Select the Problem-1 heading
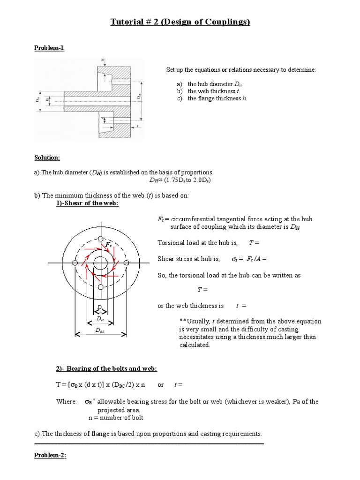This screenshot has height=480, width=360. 49,48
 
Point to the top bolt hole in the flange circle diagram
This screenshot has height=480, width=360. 100,239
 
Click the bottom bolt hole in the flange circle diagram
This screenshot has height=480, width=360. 100,287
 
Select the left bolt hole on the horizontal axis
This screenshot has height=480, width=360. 75,263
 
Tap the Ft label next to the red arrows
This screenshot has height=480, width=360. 109,245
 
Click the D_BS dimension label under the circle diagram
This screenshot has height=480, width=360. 100,330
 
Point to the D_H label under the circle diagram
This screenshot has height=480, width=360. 100,319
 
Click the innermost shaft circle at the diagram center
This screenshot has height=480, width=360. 100,263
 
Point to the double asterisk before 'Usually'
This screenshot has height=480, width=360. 182,322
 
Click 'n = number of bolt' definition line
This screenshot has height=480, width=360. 116,418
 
